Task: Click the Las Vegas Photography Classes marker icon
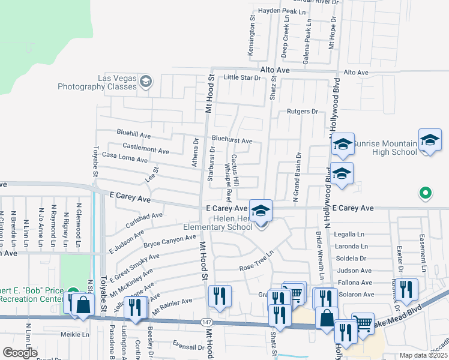point(146,82)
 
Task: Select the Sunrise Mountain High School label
point(384,148)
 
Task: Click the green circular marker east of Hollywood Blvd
point(425,193)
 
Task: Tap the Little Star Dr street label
point(243,77)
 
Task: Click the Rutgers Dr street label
point(301,112)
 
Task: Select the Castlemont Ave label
point(145,148)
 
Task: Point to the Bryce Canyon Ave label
point(170,241)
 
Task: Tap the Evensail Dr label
point(188,346)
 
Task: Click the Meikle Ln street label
point(74,334)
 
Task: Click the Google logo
point(20,353)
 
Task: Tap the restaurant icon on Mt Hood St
point(218,296)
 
